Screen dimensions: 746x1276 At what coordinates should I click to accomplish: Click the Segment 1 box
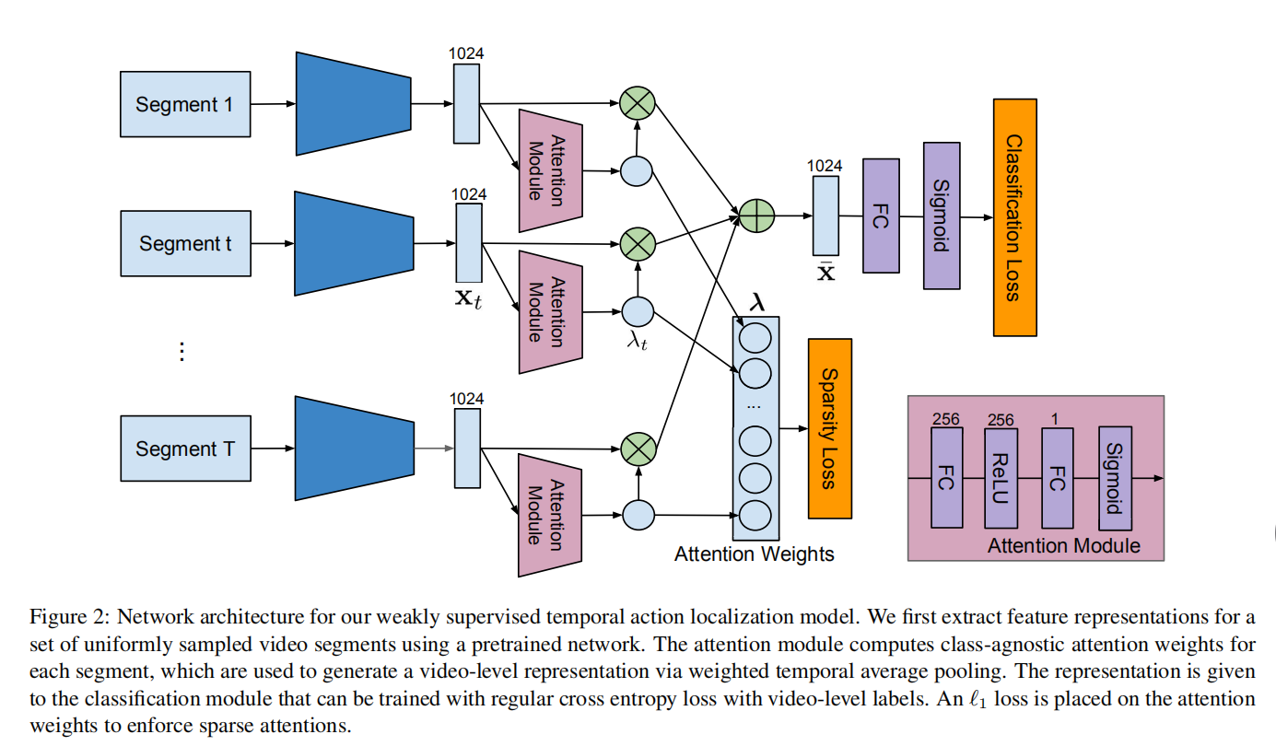pos(185,104)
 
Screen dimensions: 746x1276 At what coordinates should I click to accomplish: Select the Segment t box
pos(185,243)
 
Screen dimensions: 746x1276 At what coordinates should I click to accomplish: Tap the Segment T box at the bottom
pos(185,449)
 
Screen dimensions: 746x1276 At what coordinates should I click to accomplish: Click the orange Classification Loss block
pos(1014,217)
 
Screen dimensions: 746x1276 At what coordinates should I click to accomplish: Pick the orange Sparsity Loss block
pos(829,428)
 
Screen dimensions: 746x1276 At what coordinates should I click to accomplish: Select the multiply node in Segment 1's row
pos(637,102)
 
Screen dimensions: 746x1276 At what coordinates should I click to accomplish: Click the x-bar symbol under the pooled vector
pos(825,272)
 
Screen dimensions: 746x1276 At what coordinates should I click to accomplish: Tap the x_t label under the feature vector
pos(466,299)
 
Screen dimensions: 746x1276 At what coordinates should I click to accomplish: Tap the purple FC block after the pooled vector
pos(881,216)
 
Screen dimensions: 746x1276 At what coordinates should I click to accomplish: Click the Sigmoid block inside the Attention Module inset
pos(1114,478)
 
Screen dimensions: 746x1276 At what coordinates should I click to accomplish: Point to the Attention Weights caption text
pos(754,554)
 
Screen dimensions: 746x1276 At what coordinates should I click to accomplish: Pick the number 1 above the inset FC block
pos(1055,419)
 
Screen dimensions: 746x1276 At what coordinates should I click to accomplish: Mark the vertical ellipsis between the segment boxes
pos(181,351)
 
